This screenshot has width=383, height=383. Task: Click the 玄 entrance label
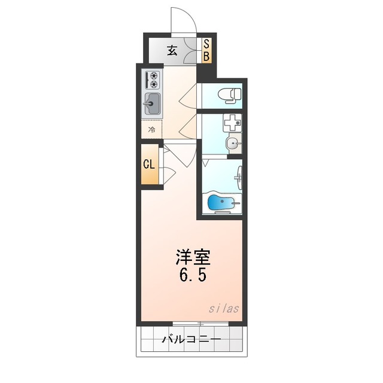[172, 51]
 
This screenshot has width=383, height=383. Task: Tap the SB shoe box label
[205, 51]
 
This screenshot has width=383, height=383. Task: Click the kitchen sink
[152, 105]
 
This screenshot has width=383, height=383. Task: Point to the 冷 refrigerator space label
[152, 129]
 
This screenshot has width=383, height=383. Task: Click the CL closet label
[149, 165]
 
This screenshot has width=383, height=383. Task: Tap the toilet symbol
[229, 94]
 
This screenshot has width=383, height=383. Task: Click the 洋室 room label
[193, 258]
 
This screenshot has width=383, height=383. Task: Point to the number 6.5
[193, 278]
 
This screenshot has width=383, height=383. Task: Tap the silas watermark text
[224, 309]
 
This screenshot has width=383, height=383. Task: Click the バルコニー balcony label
[191, 339]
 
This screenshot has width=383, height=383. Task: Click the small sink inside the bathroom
[239, 177]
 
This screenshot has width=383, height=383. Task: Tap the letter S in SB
[205, 44]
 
